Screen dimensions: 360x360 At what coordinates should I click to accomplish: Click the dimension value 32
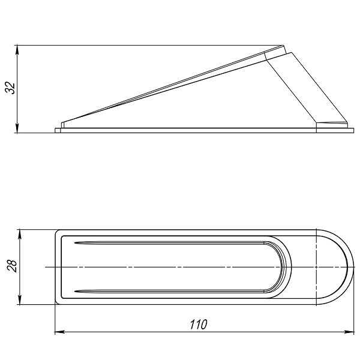tap(11, 88)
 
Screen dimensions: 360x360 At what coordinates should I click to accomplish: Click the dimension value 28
tap(12, 266)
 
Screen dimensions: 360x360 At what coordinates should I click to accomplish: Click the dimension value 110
tap(199, 325)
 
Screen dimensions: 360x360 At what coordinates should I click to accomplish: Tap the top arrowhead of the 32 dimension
tap(17, 50)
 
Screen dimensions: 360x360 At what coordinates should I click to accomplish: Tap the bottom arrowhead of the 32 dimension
tap(17, 128)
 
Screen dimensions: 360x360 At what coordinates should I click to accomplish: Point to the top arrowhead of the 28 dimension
tap(20, 234)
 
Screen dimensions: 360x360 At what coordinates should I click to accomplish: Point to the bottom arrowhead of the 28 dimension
tap(20, 300)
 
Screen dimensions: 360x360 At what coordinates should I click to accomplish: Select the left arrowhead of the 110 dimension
tap(59, 332)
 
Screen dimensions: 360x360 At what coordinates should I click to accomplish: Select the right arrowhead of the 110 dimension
tap(349, 332)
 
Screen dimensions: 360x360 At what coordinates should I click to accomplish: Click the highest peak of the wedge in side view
tap(283, 46)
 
